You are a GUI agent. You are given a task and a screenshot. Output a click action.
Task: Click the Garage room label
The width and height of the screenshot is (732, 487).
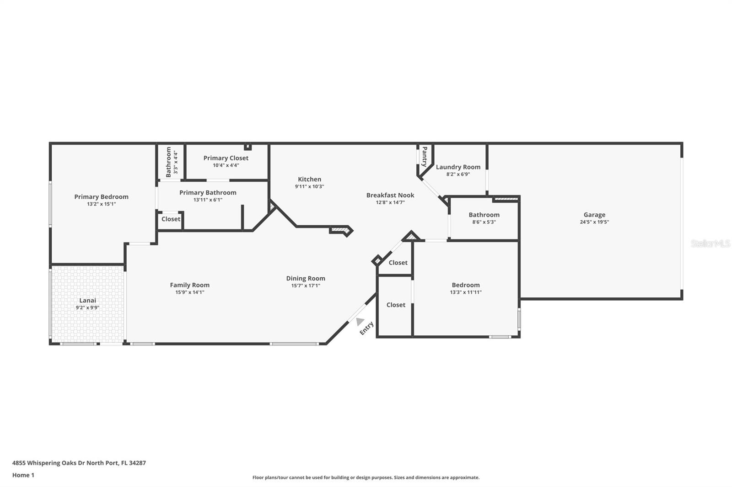[594, 215]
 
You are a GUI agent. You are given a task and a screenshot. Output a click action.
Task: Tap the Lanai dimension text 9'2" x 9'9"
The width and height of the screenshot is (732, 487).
[87, 307]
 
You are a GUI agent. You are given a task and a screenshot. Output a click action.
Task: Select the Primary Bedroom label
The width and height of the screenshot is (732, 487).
[101, 197]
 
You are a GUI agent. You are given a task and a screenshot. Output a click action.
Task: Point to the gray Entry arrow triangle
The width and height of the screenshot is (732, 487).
[360, 321]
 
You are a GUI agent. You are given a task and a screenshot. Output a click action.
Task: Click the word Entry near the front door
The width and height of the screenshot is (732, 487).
[366, 328]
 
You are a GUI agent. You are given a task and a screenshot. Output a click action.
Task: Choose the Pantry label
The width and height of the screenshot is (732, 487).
[425, 156]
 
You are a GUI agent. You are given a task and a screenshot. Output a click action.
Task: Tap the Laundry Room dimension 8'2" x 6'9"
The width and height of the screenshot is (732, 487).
[458, 175]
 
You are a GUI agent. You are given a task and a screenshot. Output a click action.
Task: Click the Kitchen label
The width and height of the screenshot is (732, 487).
[309, 179]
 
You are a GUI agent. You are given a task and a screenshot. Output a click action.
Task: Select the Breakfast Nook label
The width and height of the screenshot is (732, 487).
[390, 195]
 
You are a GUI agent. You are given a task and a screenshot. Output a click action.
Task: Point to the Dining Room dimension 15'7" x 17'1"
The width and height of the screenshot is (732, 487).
[306, 286]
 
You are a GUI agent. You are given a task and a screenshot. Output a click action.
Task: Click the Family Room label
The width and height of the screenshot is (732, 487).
[189, 285]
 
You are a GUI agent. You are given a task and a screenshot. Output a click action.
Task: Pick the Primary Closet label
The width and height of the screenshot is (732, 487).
[226, 158]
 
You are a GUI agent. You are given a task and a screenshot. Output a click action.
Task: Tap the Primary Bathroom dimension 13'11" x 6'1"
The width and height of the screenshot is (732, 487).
[208, 200]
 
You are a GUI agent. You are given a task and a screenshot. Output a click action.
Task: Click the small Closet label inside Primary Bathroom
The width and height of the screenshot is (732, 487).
[171, 219]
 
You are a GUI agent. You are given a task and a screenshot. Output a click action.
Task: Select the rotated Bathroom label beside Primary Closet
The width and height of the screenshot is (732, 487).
[169, 162]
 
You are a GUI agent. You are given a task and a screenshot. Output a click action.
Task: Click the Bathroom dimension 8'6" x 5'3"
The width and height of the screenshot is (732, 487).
[484, 222]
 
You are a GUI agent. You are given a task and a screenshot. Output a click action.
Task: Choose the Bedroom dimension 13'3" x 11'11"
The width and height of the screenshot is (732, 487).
[466, 292]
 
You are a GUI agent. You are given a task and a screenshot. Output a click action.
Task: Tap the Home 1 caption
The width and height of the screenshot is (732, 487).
[23, 475]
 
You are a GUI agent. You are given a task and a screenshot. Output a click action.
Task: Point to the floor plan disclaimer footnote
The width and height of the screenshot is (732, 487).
[366, 477]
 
